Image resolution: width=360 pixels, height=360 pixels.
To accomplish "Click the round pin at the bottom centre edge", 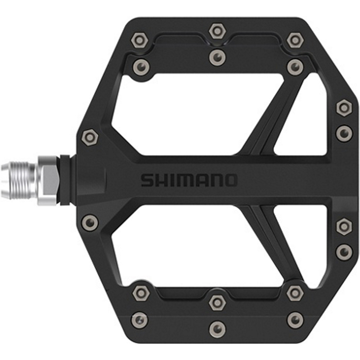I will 217,328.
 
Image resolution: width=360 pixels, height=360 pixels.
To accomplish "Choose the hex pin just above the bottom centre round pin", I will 217,302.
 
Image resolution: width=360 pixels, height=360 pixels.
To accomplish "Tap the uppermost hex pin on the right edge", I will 344,107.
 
